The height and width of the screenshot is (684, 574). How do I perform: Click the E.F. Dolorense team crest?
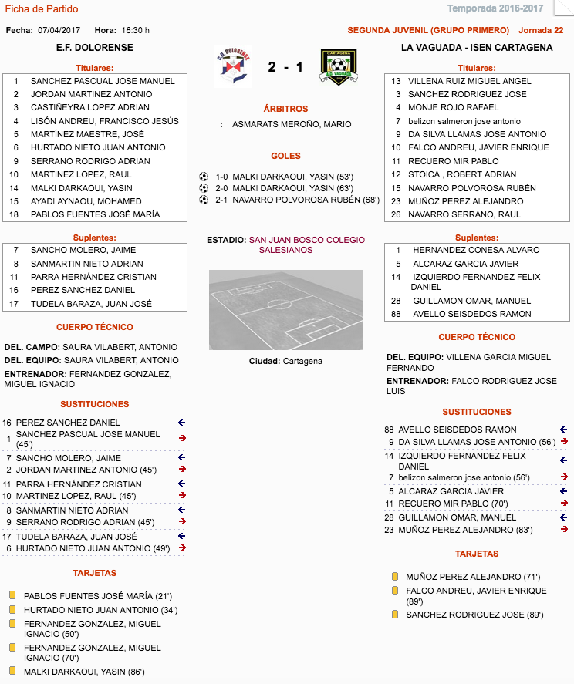tap(232, 67)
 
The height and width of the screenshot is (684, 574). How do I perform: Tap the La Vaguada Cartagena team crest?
tap(338, 67)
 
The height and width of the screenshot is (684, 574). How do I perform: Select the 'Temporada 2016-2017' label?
tap(505, 9)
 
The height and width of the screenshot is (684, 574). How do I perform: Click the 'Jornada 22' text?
tap(541, 30)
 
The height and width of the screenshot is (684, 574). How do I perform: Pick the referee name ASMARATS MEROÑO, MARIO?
tap(292, 124)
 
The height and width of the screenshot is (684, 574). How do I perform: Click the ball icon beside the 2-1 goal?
tap(204, 200)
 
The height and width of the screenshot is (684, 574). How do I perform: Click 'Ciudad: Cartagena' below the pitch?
tap(285, 361)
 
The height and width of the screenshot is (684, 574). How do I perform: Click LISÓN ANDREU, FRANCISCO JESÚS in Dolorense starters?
tap(104, 120)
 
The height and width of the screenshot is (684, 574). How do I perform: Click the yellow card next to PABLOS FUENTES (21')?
tap(12, 595)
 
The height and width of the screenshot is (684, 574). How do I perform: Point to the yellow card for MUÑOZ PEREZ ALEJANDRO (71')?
tap(395, 576)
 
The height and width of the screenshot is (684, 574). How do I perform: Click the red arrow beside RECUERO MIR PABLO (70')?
tap(564, 504)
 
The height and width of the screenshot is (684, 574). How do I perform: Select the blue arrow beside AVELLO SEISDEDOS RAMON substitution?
tap(564, 430)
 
